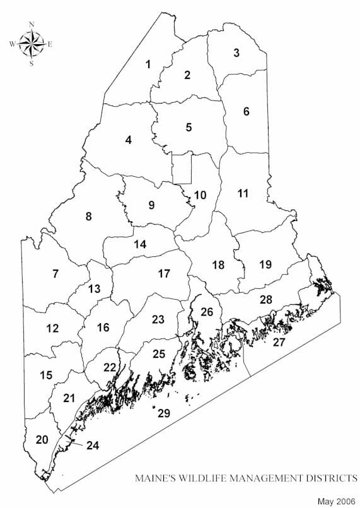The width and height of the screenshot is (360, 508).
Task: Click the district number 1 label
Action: pos(148,64)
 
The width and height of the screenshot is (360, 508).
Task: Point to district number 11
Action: pos(243,193)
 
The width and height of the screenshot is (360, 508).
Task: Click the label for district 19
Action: pos(265,264)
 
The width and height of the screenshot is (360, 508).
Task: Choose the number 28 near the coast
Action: pos(266,299)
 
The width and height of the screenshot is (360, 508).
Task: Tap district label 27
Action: pos(278,342)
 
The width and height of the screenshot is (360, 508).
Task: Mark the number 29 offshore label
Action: pos(164,413)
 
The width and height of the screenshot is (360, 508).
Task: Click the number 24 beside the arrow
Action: pos(93,445)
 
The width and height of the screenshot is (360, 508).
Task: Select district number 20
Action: pos(42,439)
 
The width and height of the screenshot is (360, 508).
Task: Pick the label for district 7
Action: pos(55,273)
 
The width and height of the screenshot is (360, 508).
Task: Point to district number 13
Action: pos(94,288)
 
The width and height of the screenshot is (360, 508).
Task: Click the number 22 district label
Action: pos(110,367)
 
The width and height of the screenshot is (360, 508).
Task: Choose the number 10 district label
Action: pos(200,195)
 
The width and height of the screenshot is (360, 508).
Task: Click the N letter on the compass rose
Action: pos(32,25)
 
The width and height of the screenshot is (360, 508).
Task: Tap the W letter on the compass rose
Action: pos(12,44)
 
